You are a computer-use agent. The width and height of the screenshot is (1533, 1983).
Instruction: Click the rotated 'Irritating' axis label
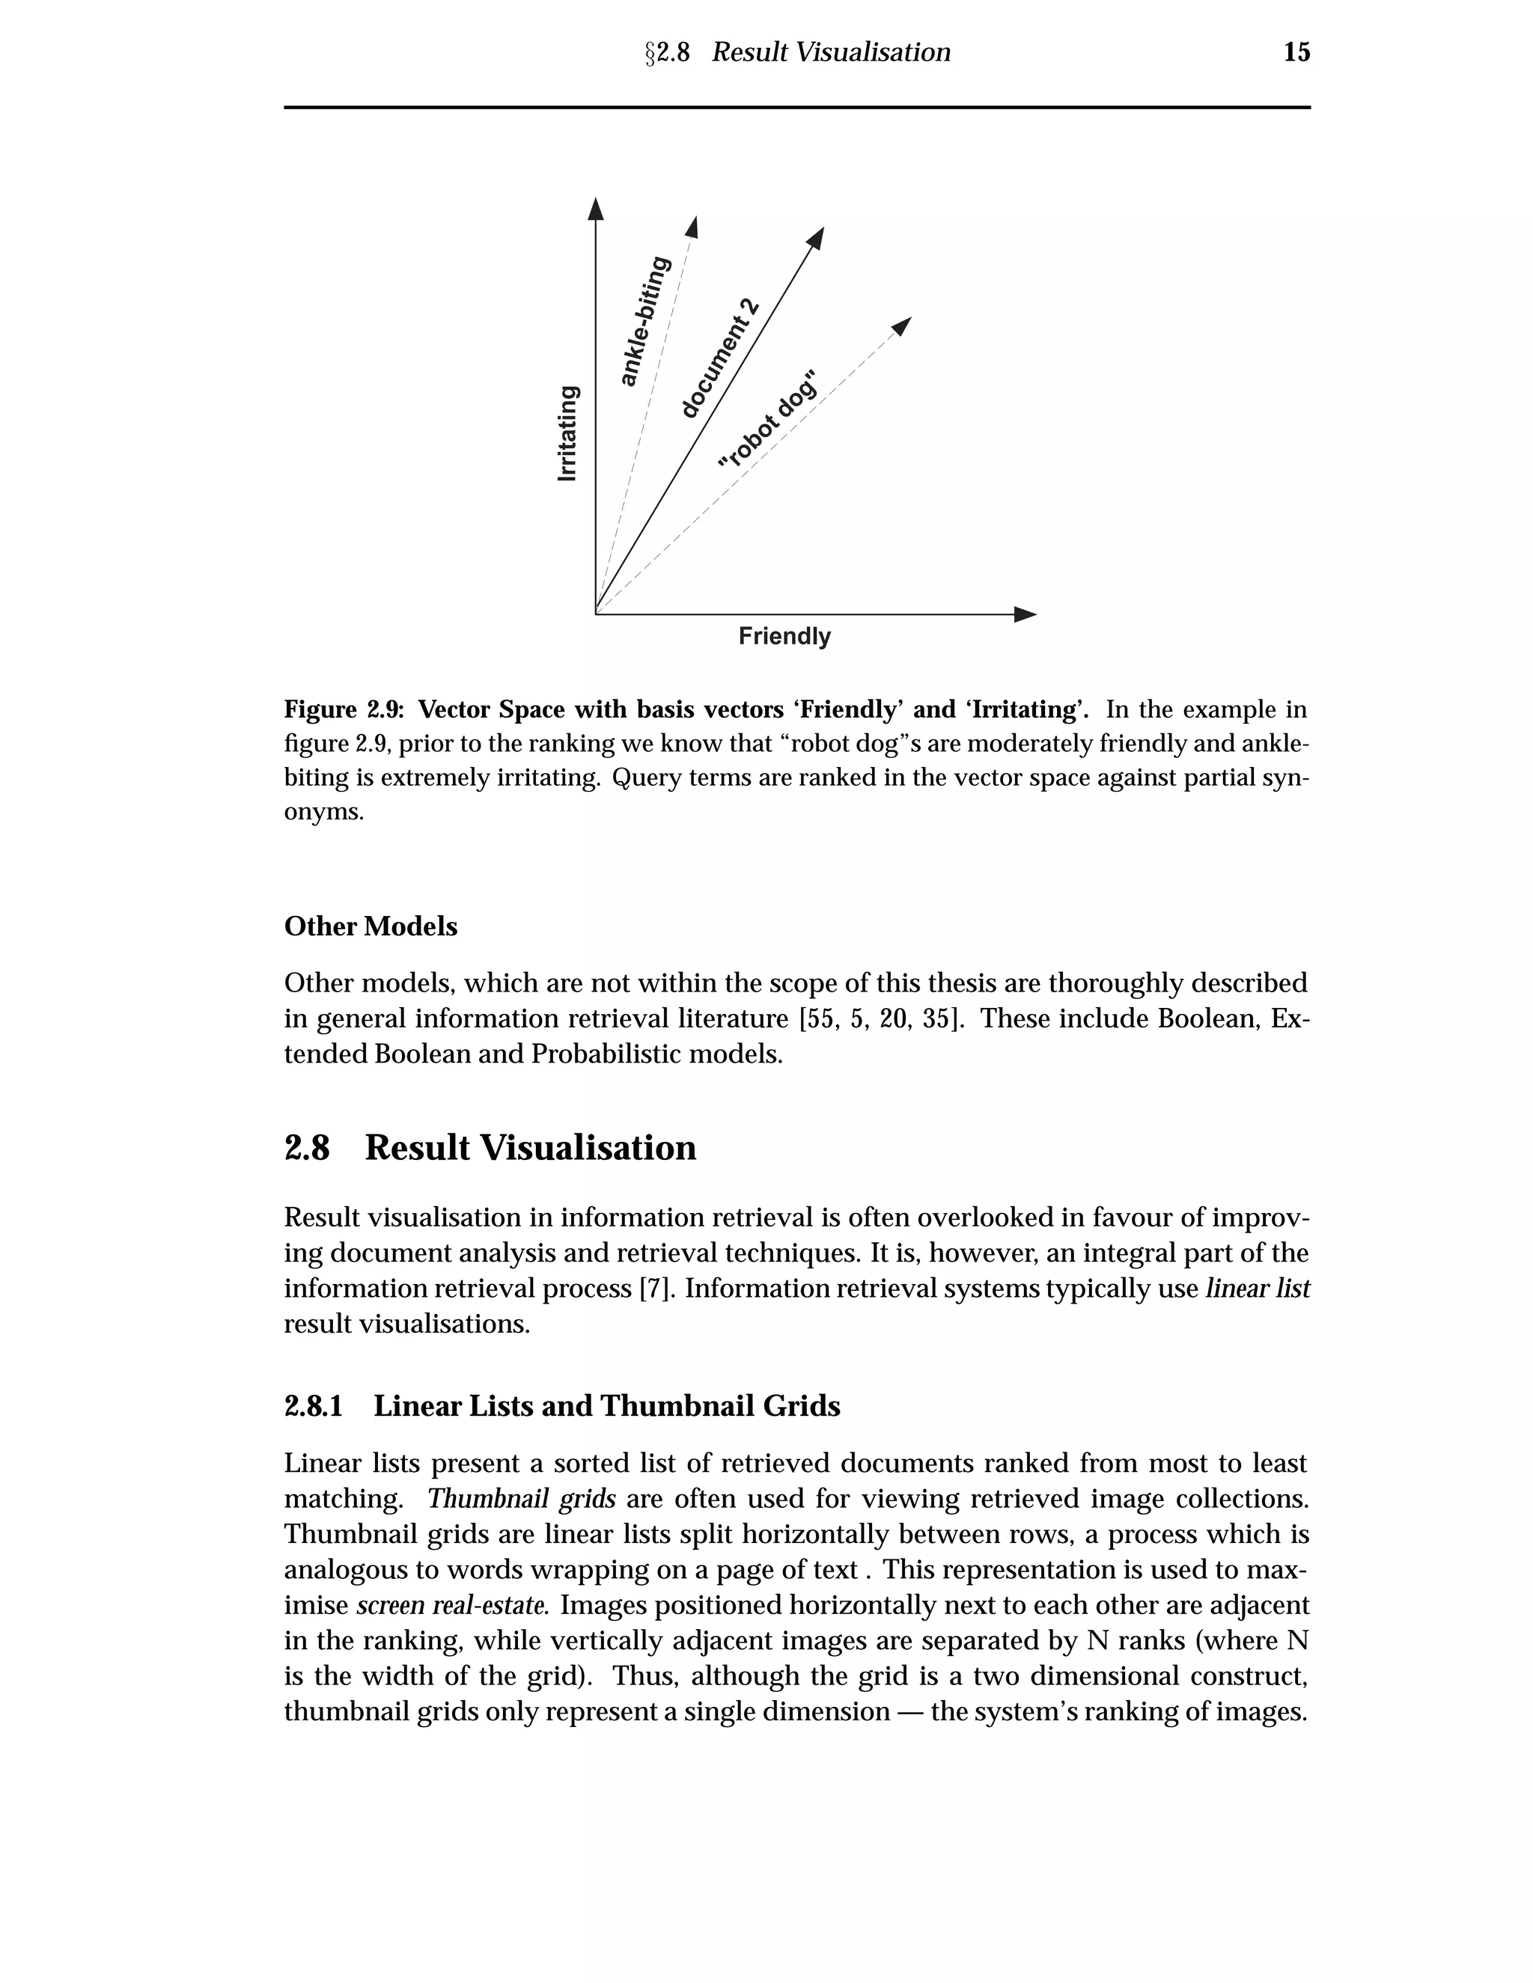[567, 434]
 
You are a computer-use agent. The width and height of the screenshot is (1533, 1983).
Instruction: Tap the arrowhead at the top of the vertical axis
[596, 208]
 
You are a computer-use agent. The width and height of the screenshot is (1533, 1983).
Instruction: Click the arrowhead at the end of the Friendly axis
[1025, 614]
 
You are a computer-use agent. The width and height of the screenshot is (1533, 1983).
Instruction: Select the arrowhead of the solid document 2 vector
[817, 237]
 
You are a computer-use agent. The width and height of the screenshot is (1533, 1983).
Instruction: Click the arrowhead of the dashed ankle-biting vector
[692, 226]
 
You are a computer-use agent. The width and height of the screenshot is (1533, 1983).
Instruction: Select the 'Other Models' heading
[371, 926]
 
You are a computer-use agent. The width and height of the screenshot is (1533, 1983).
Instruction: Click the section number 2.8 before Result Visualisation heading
[307, 1148]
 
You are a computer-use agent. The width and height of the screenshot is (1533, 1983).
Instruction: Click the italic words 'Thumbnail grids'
[521, 1498]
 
